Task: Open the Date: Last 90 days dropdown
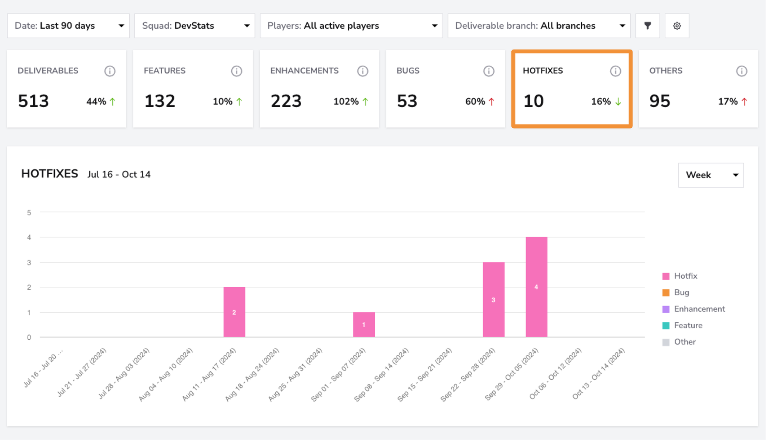pyautogui.click(x=68, y=26)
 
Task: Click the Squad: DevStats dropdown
pyautogui.click(x=195, y=26)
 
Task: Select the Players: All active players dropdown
pyautogui.click(x=351, y=26)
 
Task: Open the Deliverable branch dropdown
pyautogui.click(x=539, y=26)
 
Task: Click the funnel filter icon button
pyautogui.click(x=648, y=26)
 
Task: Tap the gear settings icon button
pyautogui.click(x=677, y=26)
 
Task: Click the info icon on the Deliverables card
pyautogui.click(x=110, y=71)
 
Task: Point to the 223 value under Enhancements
pyautogui.click(x=286, y=101)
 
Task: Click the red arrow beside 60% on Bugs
pyautogui.click(x=491, y=102)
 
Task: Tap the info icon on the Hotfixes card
pyautogui.click(x=615, y=71)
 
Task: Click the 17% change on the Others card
pyautogui.click(x=728, y=102)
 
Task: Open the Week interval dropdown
pyautogui.click(x=711, y=175)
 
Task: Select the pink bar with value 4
pyautogui.click(x=536, y=287)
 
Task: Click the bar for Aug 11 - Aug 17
pyautogui.click(x=234, y=312)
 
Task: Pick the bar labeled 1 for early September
pyautogui.click(x=364, y=325)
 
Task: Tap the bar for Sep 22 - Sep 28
pyautogui.click(x=493, y=300)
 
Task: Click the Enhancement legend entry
pyautogui.click(x=694, y=309)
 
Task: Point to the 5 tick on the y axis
pyautogui.click(x=29, y=213)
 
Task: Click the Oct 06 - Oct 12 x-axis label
pyautogui.click(x=556, y=373)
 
